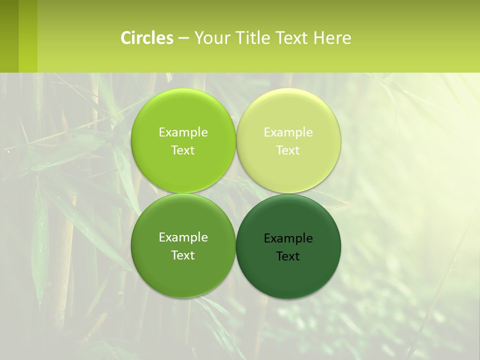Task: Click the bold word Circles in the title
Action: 147,37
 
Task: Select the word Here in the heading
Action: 332,37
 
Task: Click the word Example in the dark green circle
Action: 288,238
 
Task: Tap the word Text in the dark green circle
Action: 288,256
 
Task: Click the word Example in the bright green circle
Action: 183,132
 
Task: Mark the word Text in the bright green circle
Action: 183,150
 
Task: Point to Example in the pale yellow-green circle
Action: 288,132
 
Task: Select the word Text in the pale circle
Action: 288,150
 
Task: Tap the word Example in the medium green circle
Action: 183,237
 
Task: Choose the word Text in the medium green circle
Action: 183,255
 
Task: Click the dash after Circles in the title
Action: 183,38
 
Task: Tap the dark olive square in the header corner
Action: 9,36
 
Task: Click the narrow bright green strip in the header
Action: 28,36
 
